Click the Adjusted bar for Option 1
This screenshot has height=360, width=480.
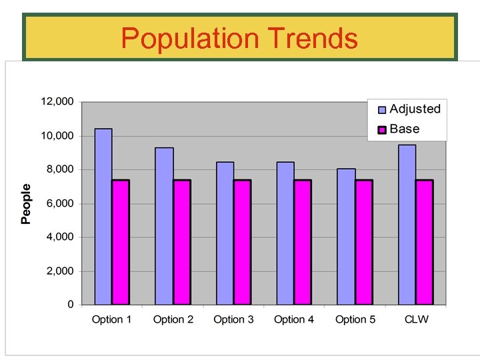(x=103, y=217)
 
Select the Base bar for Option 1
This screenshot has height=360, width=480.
(x=121, y=242)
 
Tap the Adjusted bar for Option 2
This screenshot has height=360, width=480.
(x=164, y=226)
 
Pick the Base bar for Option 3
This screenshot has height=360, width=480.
(x=242, y=242)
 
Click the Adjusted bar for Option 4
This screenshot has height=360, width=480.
(x=285, y=233)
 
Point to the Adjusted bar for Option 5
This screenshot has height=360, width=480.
(x=346, y=237)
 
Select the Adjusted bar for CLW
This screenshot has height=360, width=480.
(x=407, y=225)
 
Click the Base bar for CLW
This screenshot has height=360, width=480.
(x=424, y=242)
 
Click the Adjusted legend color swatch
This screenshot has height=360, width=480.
(x=382, y=110)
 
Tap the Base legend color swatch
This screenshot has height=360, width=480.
(x=382, y=129)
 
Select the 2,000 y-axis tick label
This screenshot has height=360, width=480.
(x=60, y=271)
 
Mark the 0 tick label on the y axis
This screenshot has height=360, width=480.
(x=71, y=305)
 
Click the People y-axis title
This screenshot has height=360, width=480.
(x=26, y=203)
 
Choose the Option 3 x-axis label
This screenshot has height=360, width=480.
(x=233, y=319)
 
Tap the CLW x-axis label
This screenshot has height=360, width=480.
(x=417, y=319)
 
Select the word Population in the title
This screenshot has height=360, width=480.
(x=190, y=39)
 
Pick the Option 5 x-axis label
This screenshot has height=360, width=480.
(x=355, y=319)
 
